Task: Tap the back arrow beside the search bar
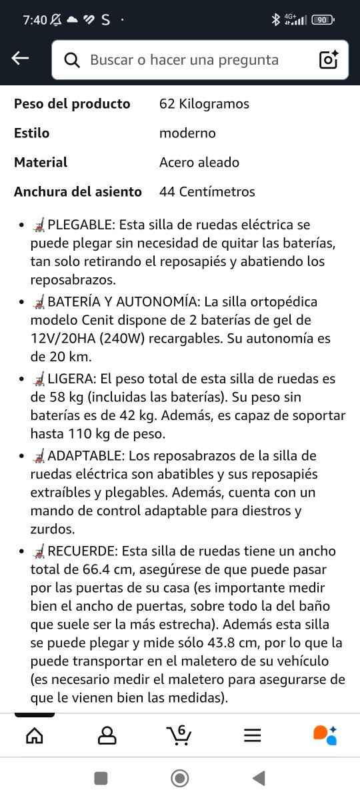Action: click(21, 59)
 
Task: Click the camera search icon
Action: click(329, 59)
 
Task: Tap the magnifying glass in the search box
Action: click(72, 60)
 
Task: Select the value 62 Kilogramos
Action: click(204, 103)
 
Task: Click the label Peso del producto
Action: click(72, 103)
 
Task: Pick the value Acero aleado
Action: click(199, 162)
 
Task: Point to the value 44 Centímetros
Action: click(207, 191)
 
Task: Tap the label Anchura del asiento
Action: click(78, 191)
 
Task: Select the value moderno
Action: click(187, 133)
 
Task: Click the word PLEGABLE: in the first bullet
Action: click(77, 225)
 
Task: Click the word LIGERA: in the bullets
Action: click(72, 379)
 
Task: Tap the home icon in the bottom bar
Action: click(34, 735)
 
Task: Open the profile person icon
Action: click(107, 735)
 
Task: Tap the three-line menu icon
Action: click(252, 735)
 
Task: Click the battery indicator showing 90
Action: click(323, 19)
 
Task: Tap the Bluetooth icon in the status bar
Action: click(275, 19)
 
